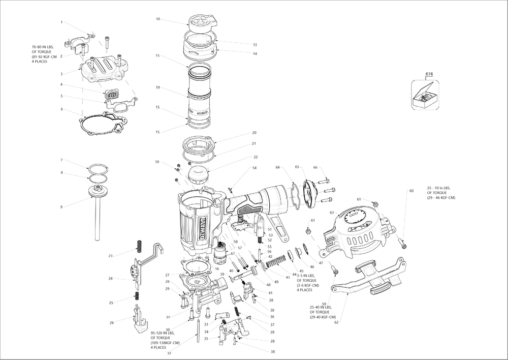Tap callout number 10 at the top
point(158,19)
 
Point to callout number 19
point(158,88)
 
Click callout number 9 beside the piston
point(61,206)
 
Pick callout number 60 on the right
point(411,191)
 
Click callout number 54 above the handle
point(255,168)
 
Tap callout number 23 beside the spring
point(110,255)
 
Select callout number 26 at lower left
point(111,323)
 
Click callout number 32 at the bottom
point(169,353)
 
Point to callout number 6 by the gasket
point(61,109)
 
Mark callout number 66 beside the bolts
point(315,167)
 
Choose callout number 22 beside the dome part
point(256,157)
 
